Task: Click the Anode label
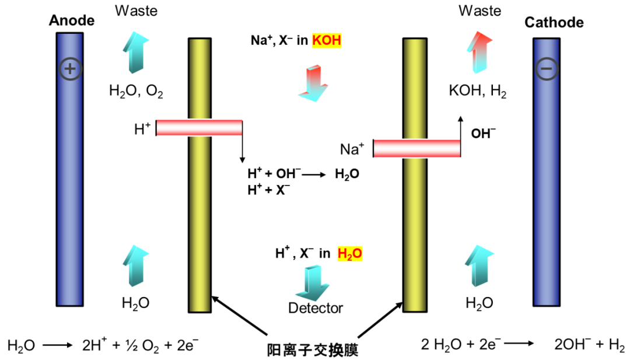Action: pos(71,20)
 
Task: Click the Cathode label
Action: pos(554,23)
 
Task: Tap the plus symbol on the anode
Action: pos(70,69)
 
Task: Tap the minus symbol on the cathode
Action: pos(547,69)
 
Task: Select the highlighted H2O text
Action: pos(350,253)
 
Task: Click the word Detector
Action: pos(316,307)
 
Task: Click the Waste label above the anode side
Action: pos(136,11)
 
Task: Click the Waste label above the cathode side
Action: pos(480,11)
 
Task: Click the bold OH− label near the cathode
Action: pos(484,134)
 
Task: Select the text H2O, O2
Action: pos(136,90)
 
